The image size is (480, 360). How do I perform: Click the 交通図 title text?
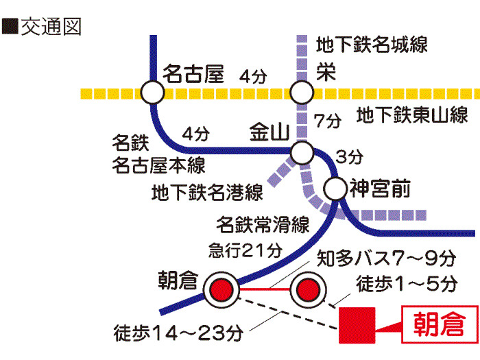pyautogui.click(x=51, y=27)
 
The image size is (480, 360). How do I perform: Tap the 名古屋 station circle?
pyautogui.click(x=152, y=93)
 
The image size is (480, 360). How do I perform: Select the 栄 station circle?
pyautogui.click(x=302, y=93)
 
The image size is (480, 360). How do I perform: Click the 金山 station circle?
pyautogui.click(x=302, y=152)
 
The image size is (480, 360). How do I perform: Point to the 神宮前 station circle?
pyautogui.click(x=335, y=189)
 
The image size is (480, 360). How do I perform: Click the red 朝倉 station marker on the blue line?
pyautogui.click(x=221, y=289)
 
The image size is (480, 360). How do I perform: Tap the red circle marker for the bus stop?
pyautogui.click(x=309, y=289)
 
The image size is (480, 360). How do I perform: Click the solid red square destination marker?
pyautogui.click(x=357, y=326)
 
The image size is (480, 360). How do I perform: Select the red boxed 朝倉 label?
pyautogui.click(x=440, y=324)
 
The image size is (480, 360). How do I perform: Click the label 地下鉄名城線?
pyautogui.click(x=372, y=45)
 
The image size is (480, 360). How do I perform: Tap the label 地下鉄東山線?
pyautogui.click(x=412, y=115)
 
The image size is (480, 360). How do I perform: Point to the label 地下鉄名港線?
pyautogui.click(x=208, y=192)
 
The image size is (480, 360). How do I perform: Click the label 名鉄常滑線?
pyautogui.click(x=263, y=225)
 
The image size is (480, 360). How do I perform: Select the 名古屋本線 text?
pyautogui.click(x=158, y=165)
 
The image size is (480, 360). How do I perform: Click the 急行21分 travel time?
pyautogui.click(x=245, y=250)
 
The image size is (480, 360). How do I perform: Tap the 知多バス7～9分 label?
pyautogui.click(x=386, y=259)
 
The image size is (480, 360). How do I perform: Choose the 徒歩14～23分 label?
pyautogui.click(x=178, y=333)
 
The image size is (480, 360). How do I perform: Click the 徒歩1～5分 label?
pyautogui.click(x=407, y=283)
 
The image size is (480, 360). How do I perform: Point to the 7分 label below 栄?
pyautogui.click(x=328, y=121)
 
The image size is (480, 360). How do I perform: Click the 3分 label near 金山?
pyautogui.click(x=350, y=157)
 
